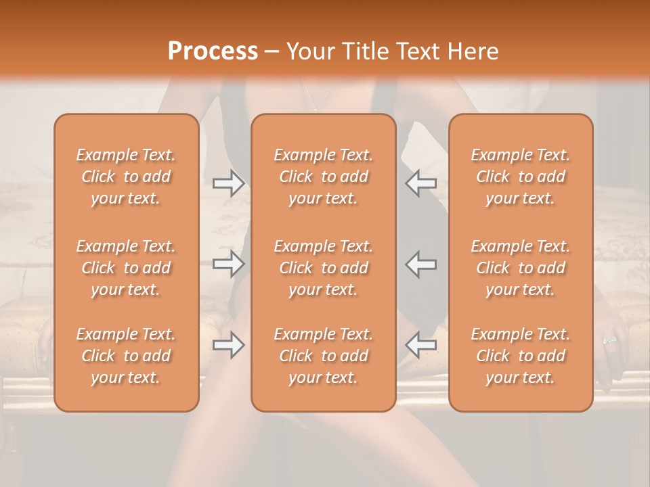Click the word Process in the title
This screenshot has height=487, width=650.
(x=213, y=51)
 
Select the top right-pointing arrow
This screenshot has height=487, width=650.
(x=228, y=183)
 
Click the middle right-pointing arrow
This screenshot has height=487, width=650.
(x=228, y=264)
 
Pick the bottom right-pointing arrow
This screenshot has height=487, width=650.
(x=228, y=346)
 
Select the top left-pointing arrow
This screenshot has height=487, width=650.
(x=420, y=183)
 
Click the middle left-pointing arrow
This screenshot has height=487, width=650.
(x=420, y=264)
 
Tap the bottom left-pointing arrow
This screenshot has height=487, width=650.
(x=420, y=346)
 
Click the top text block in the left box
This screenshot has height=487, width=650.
(x=126, y=177)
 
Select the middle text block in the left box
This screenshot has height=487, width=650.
(x=126, y=268)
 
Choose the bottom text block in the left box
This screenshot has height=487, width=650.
(x=126, y=356)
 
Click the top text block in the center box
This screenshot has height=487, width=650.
(x=323, y=177)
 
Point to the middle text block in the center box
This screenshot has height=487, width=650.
(x=323, y=268)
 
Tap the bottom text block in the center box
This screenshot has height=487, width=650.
(x=323, y=356)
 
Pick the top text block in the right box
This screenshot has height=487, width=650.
(x=520, y=177)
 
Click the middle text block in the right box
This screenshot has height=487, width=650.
(x=520, y=268)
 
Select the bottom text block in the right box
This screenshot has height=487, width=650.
(x=520, y=356)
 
